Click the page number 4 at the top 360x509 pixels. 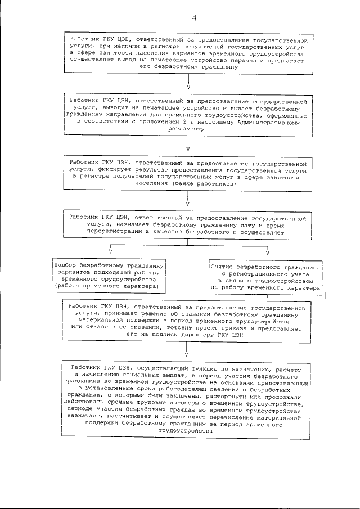[193, 17]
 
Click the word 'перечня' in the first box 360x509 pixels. [256, 59]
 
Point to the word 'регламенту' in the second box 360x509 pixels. [187, 129]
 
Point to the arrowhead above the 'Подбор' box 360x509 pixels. [110, 251]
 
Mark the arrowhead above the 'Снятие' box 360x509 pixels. [267, 251]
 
